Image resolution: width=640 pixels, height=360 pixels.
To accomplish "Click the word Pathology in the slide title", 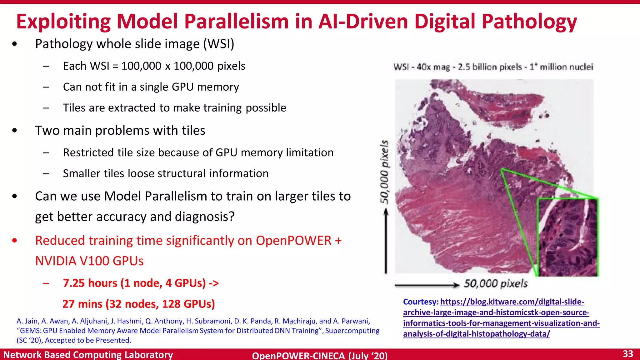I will pos(529,22).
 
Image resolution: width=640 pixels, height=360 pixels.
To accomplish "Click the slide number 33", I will pos(628,354).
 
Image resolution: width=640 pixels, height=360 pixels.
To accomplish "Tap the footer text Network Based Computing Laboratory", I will pos(88,355).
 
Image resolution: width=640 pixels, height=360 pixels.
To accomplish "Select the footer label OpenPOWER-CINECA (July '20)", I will pos(320,356).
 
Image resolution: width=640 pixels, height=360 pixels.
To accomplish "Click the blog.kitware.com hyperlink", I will pos(501,317).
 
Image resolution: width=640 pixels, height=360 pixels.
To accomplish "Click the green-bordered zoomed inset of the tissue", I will pos(567,237).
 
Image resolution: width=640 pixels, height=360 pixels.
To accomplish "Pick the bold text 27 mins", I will pos(82,304).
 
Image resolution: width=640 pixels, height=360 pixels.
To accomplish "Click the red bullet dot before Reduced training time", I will pos(15,241).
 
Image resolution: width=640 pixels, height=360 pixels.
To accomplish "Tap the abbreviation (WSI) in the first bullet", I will pos(219,44).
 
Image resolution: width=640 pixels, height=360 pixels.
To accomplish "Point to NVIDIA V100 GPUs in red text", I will pos(89,261).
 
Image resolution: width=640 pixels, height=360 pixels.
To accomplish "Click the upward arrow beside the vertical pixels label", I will pos(386,241).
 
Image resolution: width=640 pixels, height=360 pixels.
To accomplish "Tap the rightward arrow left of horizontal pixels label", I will pos(427,285).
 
